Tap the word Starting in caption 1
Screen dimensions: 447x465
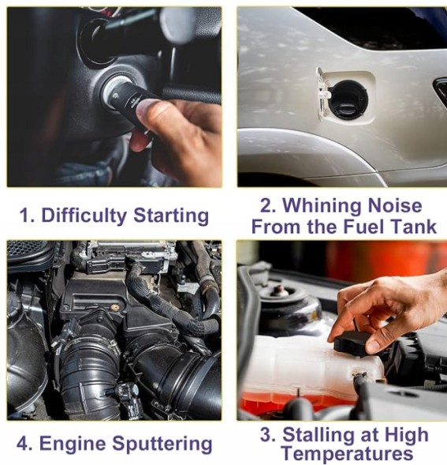point(171,216)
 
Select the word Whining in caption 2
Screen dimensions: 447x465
point(322,206)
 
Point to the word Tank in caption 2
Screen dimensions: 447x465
point(414,227)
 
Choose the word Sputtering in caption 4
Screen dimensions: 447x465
point(162,444)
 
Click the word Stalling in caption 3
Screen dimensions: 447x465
point(318,436)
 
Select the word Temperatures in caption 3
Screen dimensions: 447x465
point(347,453)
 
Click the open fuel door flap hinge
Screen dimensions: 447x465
point(323,92)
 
